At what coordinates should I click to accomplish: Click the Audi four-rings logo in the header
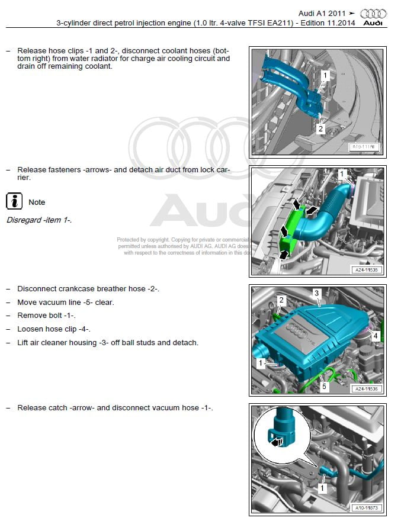tap(373, 14)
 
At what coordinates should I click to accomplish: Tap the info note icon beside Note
tap(14, 201)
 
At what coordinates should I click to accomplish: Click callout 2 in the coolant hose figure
tap(320, 128)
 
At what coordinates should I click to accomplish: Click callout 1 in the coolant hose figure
tap(325, 75)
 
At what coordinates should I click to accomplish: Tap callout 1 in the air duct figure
tap(341, 173)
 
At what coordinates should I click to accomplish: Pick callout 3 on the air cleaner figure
tap(317, 293)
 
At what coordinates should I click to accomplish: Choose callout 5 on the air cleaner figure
tap(323, 385)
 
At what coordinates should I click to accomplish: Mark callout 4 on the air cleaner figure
tap(374, 335)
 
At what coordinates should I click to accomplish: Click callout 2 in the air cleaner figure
tap(281, 301)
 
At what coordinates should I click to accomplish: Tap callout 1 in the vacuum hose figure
tap(322, 488)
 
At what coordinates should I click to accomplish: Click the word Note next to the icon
tap(37, 202)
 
